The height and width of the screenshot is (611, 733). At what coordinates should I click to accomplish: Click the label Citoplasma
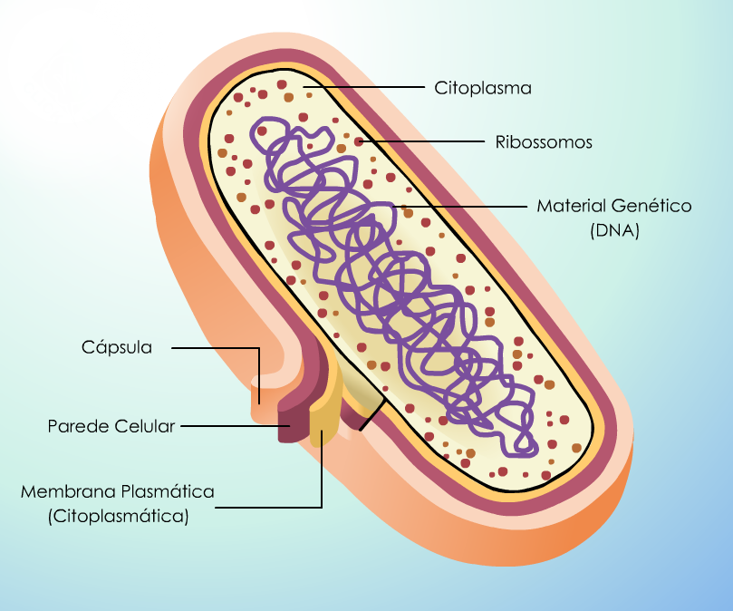pyautogui.click(x=482, y=88)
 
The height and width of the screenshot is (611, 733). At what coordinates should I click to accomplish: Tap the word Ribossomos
pyautogui.click(x=544, y=141)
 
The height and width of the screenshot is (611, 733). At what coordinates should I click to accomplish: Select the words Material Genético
pyautogui.click(x=613, y=206)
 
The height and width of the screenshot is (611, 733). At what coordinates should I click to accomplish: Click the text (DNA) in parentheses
pyautogui.click(x=614, y=230)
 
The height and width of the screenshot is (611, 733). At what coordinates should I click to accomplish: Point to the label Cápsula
pyautogui.click(x=116, y=347)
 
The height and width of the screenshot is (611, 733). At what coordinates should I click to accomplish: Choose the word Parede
pyautogui.click(x=78, y=426)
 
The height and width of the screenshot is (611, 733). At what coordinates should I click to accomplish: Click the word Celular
pyautogui.click(x=144, y=426)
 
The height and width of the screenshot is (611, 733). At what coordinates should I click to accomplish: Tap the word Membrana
pyautogui.click(x=68, y=491)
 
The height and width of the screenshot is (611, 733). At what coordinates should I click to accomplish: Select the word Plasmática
pyautogui.click(x=168, y=491)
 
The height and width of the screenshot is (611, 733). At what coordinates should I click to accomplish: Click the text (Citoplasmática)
pyautogui.click(x=119, y=516)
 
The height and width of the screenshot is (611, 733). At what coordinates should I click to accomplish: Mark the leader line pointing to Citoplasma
pyautogui.click(x=363, y=86)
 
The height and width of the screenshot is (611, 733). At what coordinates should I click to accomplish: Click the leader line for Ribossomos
pyautogui.click(x=422, y=141)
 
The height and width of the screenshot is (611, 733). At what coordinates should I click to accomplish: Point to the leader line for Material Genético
pyautogui.click(x=460, y=206)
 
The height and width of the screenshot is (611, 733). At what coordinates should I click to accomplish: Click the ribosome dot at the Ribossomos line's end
pyautogui.click(x=359, y=141)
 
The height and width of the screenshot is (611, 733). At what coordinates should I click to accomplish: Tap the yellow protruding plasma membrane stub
pyautogui.click(x=323, y=421)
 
